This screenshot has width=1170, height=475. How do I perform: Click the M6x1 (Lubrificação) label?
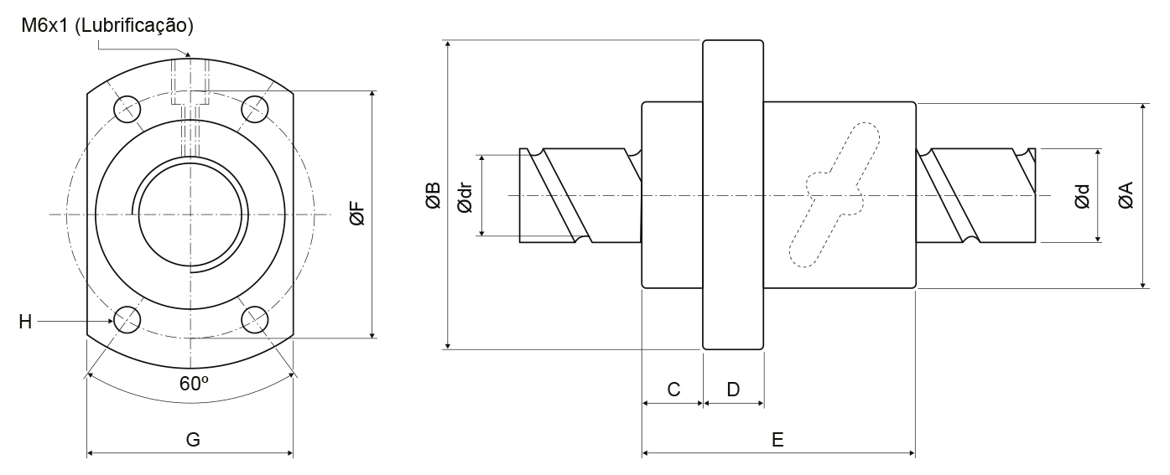(112, 26)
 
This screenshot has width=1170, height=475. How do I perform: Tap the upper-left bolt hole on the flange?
(127, 107)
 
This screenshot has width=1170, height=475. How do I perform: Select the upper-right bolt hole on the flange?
(254, 107)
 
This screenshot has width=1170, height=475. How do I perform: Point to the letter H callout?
(24, 321)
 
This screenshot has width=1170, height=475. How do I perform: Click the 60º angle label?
(194, 384)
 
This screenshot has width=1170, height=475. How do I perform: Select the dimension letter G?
(192, 440)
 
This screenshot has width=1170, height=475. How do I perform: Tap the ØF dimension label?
(356, 214)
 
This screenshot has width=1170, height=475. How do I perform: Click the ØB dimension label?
(433, 195)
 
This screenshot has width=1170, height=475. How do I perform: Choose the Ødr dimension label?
(464, 195)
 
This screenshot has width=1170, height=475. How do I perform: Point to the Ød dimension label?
(1083, 196)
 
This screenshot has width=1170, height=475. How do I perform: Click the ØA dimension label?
(1126, 196)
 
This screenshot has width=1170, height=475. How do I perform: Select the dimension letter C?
(673, 390)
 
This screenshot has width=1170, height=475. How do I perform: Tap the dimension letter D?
(733, 390)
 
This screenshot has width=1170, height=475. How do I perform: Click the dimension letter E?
(777, 440)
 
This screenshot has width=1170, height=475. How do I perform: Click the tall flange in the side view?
(733, 194)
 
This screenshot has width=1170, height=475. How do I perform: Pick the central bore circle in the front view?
(192, 214)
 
